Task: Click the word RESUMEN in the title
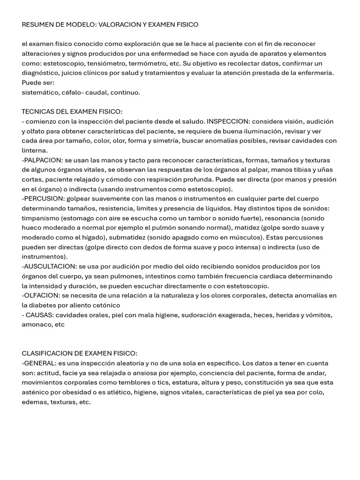click(x=37, y=24)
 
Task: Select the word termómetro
click(x=145, y=63)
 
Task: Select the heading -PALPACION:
click(x=43, y=160)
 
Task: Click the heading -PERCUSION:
click(x=43, y=198)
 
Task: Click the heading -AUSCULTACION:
click(x=49, y=266)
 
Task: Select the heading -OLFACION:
click(x=41, y=295)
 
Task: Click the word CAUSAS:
click(x=40, y=315)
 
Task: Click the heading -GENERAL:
click(x=39, y=363)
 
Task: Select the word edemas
click(x=34, y=402)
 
